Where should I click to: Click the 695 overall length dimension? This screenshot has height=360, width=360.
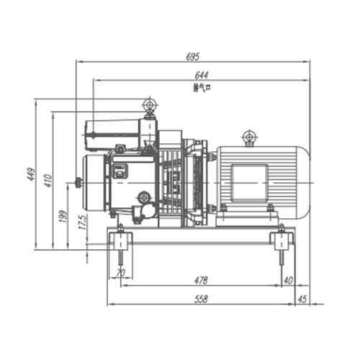[x=192, y=56]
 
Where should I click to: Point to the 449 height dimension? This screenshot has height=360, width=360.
[x=31, y=174]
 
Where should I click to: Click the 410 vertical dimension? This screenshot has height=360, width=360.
[x=48, y=180]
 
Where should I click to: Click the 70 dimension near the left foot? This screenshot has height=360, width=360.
[x=120, y=273]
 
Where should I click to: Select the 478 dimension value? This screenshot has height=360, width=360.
[x=201, y=280]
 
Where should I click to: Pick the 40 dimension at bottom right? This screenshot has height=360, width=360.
[x=288, y=280]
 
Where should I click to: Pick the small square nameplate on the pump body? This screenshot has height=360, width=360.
[x=120, y=171]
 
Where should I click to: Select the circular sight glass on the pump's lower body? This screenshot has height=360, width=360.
[x=145, y=197]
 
